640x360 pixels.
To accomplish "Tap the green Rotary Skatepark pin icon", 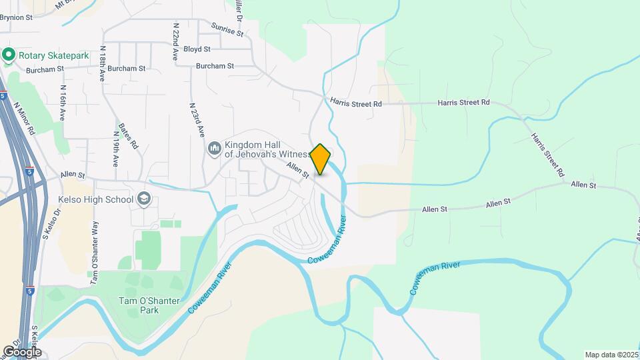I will [9, 55].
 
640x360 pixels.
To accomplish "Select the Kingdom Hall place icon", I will [215, 148].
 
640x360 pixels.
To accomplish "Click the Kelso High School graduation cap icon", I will [143, 199].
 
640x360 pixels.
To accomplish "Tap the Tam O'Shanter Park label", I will [150, 305].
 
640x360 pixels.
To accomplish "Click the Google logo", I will [22, 351].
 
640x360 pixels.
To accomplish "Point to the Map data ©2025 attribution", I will [611, 355].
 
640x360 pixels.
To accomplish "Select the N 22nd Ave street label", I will [175, 42].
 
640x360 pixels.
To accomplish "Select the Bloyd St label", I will [197, 49].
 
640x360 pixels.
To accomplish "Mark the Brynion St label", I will [16, 18].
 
